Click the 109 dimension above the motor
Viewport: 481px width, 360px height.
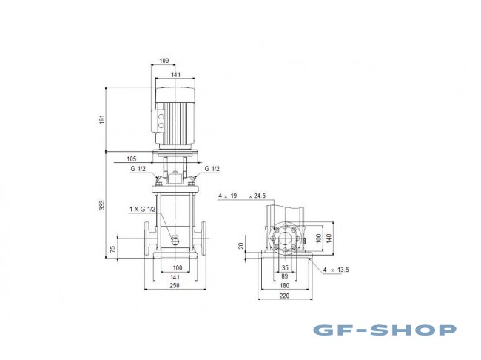pos(164,61)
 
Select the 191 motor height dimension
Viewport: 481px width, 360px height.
pos(102,119)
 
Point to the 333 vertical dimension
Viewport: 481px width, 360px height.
pos(102,205)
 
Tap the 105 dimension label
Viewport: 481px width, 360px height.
pos(131,159)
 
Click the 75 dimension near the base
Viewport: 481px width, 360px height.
pos(113,249)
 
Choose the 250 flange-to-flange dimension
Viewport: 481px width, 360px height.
pos(174,286)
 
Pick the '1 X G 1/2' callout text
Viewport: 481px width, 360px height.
pos(142,210)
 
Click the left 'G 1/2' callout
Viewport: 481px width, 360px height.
pos(138,169)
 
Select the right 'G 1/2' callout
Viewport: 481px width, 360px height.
pos(212,169)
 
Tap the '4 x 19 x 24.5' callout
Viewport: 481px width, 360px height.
pos(242,196)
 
